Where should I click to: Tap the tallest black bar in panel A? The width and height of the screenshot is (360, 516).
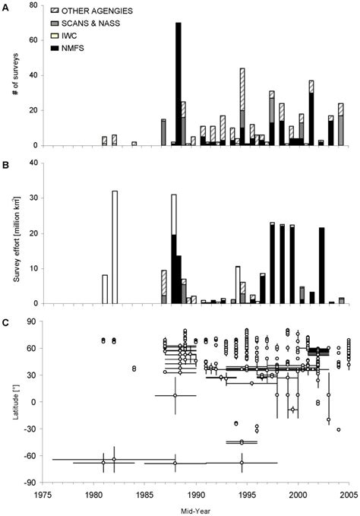pyautogui.click(x=178, y=84)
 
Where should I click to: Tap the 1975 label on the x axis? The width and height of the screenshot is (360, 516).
pyautogui.click(x=43, y=492)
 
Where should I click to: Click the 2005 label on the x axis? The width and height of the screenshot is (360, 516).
pyautogui.click(x=349, y=492)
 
